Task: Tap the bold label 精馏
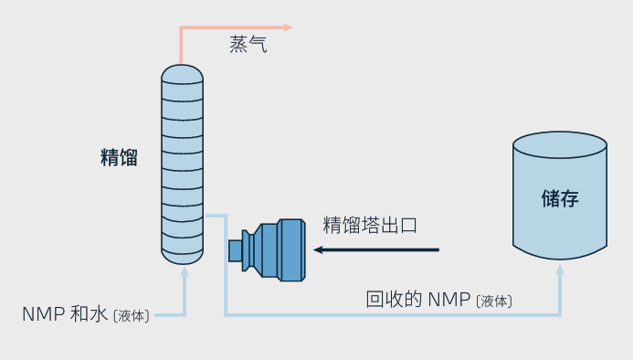tap(119, 157)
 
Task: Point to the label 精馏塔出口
tap(370, 225)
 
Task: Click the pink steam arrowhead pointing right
tap(288, 27)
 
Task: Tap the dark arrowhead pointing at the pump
tap(321, 249)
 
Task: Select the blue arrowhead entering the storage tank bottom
tap(560, 268)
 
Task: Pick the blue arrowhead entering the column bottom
tap(185, 270)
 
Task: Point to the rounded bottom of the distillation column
tap(182, 255)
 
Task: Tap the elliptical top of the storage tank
tap(559, 145)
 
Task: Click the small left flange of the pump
tap(235, 249)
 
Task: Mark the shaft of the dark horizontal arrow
tap(384, 249)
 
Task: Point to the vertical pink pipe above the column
tap(181, 46)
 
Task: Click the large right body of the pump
tap(290, 249)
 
